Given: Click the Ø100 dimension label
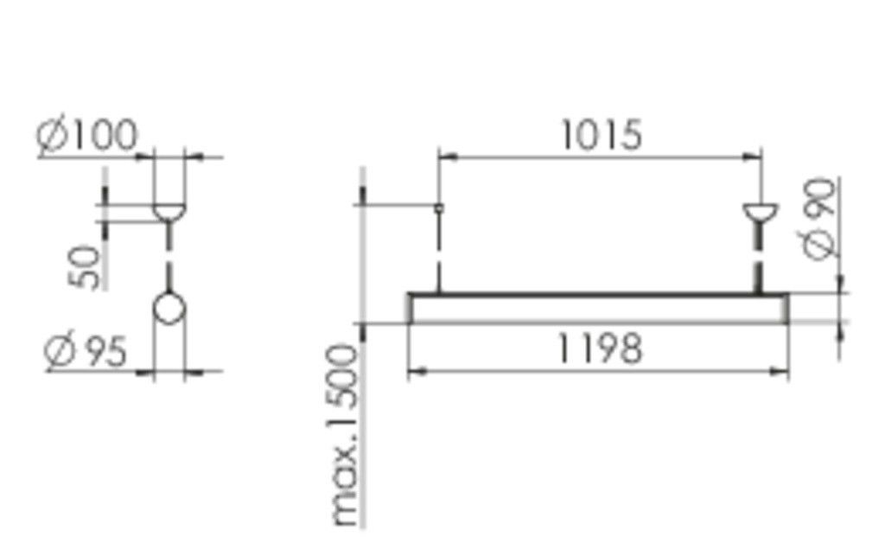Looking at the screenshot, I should click(x=87, y=137).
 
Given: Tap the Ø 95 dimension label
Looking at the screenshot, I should click(x=86, y=352).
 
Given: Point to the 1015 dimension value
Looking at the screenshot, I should click(x=602, y=137).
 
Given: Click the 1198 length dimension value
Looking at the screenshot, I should click(x=599, y=349).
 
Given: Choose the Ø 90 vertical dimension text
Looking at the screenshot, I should click(x=820, y=218).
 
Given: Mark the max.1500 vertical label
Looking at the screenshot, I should click(x=346, y=435).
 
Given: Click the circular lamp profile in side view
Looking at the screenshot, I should click(x=169, y=309).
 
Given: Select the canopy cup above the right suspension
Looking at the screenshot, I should click(x=761, y=212).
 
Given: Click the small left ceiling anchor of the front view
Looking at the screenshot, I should click(x=439, y=208).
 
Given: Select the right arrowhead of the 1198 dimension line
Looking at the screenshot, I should click(x=781, y=372).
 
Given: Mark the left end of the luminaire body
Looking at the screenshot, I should click(x=412, y=309).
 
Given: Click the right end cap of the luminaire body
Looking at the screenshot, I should click(x=786, y=309).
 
